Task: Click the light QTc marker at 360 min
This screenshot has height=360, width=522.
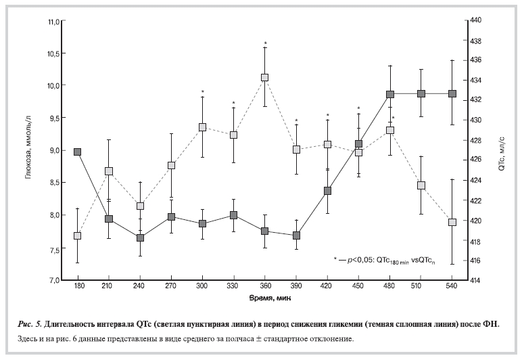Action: (265, 78)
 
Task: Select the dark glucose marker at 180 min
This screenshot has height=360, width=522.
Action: (78, 152)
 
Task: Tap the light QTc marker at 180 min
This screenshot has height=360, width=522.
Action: (78, 235)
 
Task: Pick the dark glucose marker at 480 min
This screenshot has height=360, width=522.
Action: (390, 95)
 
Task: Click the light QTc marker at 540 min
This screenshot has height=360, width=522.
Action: (452, 222)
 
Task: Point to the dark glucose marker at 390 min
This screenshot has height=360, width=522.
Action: (296, 235)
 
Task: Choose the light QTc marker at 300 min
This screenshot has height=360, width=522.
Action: (203, 127)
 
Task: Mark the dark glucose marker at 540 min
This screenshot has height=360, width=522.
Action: (452, 93)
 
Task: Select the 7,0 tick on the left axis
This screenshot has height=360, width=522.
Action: (51, 280)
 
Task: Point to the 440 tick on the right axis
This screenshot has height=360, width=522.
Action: (476, 21)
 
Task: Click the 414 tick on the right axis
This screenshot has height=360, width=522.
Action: (476, 280)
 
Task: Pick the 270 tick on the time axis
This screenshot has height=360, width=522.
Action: (172, 287)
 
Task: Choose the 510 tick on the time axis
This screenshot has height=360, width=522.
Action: (421, 287)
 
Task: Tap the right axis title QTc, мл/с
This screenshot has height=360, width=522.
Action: (502, 150)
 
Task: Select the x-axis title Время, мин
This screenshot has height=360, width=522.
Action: (265, 298)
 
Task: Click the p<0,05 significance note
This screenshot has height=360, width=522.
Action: (386, 259)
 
